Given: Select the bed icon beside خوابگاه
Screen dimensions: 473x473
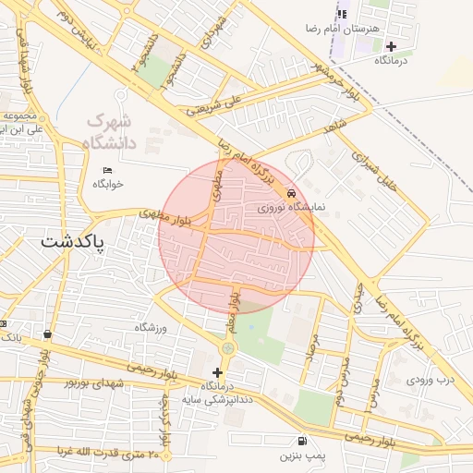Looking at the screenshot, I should pyautogui.click(x=107, y=170).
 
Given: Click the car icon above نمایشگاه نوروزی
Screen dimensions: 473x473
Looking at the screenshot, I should pyautogui.click(x=292, y=194).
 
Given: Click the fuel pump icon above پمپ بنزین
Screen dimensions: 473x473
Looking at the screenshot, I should pyautogui.click(x=301, y=442).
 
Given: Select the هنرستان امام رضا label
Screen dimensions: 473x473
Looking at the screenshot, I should pyautogui.click(x=347, y=30).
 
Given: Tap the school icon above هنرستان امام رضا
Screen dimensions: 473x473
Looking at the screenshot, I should pyautogui.click(x=343, y=14).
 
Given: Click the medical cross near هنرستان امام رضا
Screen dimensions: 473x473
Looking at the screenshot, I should pyautogui.click(x=392, y=45).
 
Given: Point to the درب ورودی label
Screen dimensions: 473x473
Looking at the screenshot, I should pyautogui.click(x=431, y=380).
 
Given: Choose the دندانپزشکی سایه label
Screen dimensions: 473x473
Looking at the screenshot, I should pyautogui.click(x=221, y=399).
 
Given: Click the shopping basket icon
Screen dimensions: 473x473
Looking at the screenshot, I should pyautogui.click(x=47, y=334).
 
